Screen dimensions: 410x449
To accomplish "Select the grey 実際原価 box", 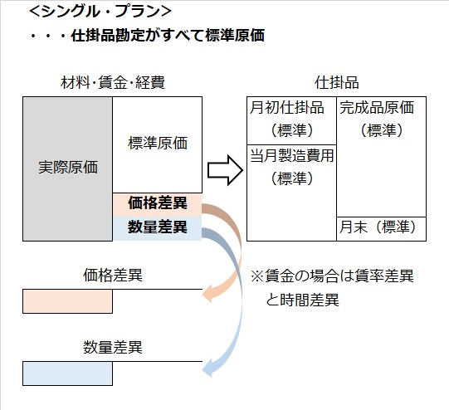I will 68,167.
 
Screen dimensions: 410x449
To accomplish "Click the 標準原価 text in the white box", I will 158,143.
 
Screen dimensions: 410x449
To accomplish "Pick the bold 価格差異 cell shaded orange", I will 157,203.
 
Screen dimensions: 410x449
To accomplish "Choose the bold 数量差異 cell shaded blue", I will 157,226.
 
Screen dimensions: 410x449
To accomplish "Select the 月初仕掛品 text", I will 290,108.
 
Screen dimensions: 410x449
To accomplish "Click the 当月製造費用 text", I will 291,155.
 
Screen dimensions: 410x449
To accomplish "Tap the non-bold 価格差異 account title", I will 112,275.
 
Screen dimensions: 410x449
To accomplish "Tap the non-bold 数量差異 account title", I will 112,347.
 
